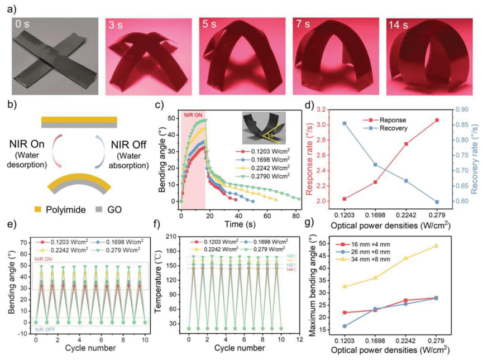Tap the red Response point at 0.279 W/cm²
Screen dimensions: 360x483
437,120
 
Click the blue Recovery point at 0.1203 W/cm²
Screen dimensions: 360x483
345,123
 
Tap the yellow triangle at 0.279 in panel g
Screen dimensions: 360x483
436,246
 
